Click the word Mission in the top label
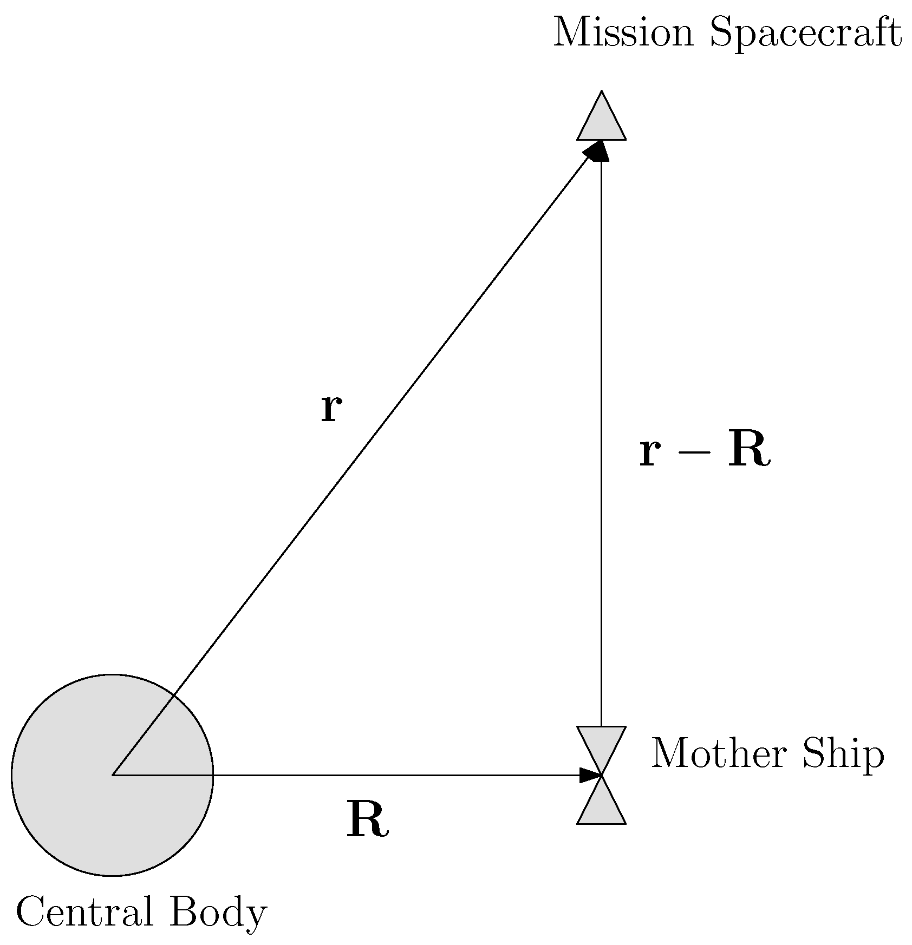point(623,34)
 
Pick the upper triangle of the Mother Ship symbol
point(601,744)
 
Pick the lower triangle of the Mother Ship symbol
point(601,806)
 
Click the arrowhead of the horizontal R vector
point(590,775)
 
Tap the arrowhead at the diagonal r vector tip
point(596,150)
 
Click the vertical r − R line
point(601,433)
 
